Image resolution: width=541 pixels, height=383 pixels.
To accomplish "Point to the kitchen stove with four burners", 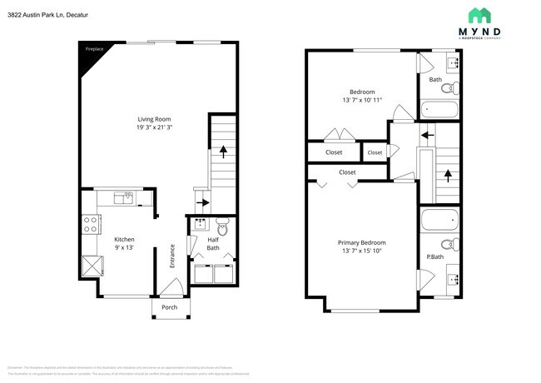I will (91, 223).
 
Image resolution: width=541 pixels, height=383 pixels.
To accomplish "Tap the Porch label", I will (169, 307).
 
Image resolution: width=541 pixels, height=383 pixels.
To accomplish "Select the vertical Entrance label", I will (172, 255).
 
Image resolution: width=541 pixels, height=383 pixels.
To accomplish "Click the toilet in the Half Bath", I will (222, 226).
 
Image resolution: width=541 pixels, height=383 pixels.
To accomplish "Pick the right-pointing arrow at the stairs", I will (202, 201).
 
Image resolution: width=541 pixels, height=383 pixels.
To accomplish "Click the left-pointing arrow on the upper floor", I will (428, 132).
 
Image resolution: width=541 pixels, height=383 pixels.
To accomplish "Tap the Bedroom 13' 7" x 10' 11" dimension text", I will (361, 101).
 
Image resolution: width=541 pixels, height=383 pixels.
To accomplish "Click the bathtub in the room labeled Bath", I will (438, 108).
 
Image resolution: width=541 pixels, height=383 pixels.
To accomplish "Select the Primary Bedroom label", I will (361, 242).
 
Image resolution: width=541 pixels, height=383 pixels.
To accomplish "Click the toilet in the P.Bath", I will (447, 244).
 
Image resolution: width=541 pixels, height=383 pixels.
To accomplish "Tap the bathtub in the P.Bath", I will (438, 221).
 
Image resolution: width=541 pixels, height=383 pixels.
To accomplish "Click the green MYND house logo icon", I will (478, 16).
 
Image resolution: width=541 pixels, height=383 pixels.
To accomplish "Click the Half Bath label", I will (213, 243).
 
